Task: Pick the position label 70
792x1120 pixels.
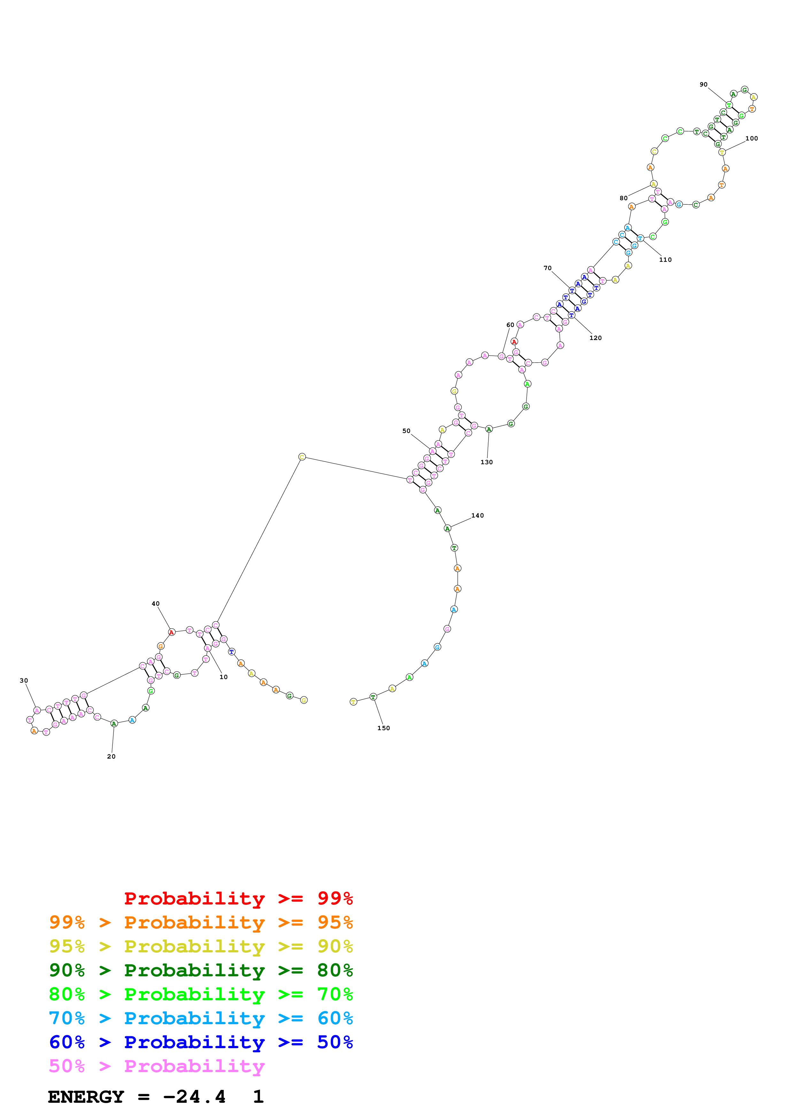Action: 548,268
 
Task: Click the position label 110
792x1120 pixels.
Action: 665,260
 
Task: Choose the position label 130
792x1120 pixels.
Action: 487,462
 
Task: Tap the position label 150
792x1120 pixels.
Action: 384,728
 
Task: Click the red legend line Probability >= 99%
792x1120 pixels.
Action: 238,898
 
